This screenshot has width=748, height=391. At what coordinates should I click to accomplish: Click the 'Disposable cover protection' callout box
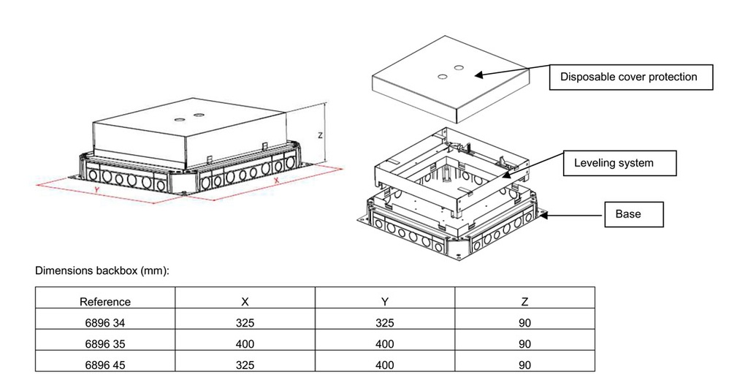point(630,77)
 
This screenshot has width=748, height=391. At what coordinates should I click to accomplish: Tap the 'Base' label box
point(633,214)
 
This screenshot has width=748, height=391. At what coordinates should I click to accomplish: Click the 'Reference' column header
point(105,301)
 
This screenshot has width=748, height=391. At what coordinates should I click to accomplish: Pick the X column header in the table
point(245,301)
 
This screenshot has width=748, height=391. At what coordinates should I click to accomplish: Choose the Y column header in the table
point(385,301)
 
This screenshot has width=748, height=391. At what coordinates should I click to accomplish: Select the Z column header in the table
point(524,301)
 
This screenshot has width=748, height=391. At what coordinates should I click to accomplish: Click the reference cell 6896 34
point(105,323)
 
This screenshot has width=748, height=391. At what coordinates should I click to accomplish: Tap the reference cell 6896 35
point(105,343)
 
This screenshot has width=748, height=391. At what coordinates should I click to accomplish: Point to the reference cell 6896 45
point(105,365)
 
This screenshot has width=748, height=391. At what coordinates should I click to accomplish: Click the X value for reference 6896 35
point(245,343)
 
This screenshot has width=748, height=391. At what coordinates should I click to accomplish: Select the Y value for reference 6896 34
point(385,323)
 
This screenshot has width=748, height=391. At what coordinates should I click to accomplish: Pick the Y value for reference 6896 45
point(385,365)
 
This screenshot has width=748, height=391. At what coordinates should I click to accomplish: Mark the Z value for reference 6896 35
point(524,343)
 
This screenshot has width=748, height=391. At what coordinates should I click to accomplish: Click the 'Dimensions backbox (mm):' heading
point(102,270)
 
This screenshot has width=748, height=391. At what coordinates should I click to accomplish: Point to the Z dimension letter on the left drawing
point(318,135)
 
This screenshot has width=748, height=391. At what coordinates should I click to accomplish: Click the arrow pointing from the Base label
point(573,213)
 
